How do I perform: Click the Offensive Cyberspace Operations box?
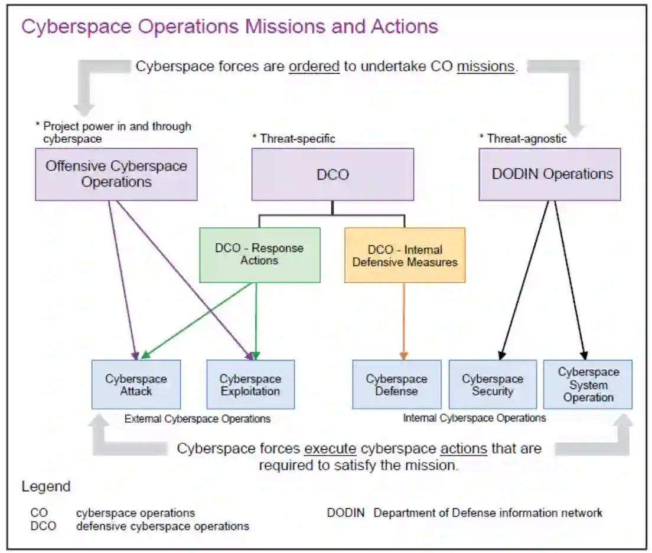[116, 174]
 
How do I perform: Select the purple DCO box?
[332, 174]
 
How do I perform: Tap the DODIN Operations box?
[549, 174]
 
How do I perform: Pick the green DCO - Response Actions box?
[260, 255]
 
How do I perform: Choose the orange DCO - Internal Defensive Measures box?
[405, 255]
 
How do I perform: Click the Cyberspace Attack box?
[136, 385]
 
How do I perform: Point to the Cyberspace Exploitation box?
[250, 385]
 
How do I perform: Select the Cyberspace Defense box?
[396, 385]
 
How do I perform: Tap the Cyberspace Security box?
[493, 385]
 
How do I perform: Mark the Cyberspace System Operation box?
[588, 385]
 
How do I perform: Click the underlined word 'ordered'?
[314, 66]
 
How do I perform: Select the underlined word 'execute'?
[330, 449]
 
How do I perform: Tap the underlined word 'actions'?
[464, 449]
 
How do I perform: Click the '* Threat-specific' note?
[294, 139]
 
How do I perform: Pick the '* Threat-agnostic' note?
[523, 139]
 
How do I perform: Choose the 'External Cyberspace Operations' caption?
[197, 418]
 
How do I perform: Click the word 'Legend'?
[46, 487]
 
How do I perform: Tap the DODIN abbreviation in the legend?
[346, 513]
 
